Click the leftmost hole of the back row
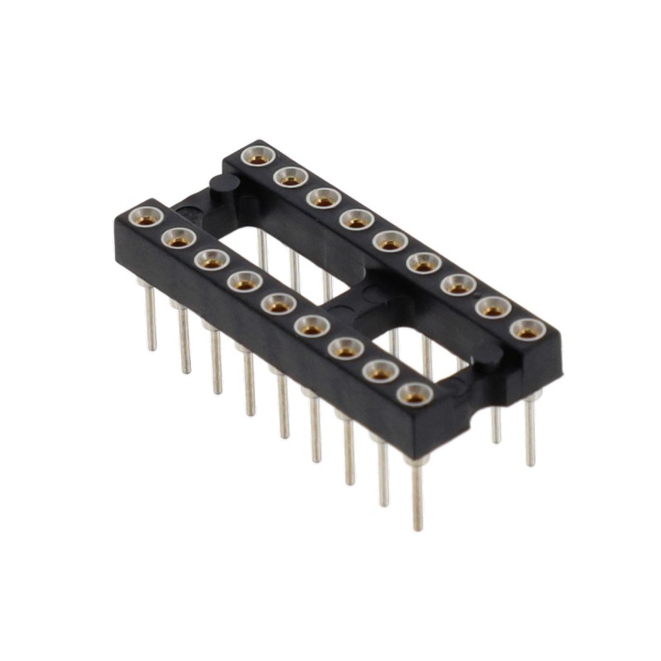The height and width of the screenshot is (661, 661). click(259, 155)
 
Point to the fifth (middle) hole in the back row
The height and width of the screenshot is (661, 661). click(389, 241)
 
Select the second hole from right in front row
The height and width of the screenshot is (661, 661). click(379, 372)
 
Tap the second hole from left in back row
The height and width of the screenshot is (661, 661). click(290, 176)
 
